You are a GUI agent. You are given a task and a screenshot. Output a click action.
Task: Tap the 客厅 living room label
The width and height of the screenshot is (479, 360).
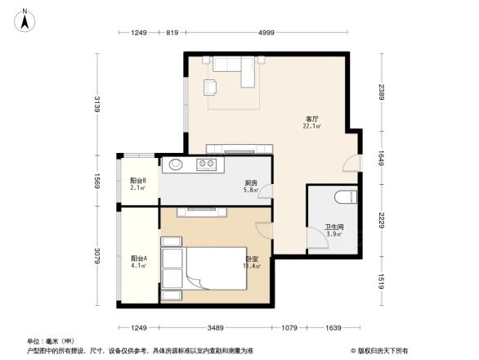click(311, 119)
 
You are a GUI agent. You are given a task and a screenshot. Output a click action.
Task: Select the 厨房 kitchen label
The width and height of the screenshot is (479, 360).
click(252, 183)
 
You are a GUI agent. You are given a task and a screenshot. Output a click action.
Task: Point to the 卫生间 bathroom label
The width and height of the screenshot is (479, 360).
click(334, 227)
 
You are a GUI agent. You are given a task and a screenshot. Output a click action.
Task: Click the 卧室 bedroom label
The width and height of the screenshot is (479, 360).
click(253, 259)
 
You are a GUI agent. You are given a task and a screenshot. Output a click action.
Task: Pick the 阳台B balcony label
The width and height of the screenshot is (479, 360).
click(138, 181)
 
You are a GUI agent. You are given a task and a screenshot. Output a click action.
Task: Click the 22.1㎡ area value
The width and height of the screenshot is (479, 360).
click(311, 127)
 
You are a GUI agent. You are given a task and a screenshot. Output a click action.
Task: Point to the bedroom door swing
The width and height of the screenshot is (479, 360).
click(263, 230)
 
